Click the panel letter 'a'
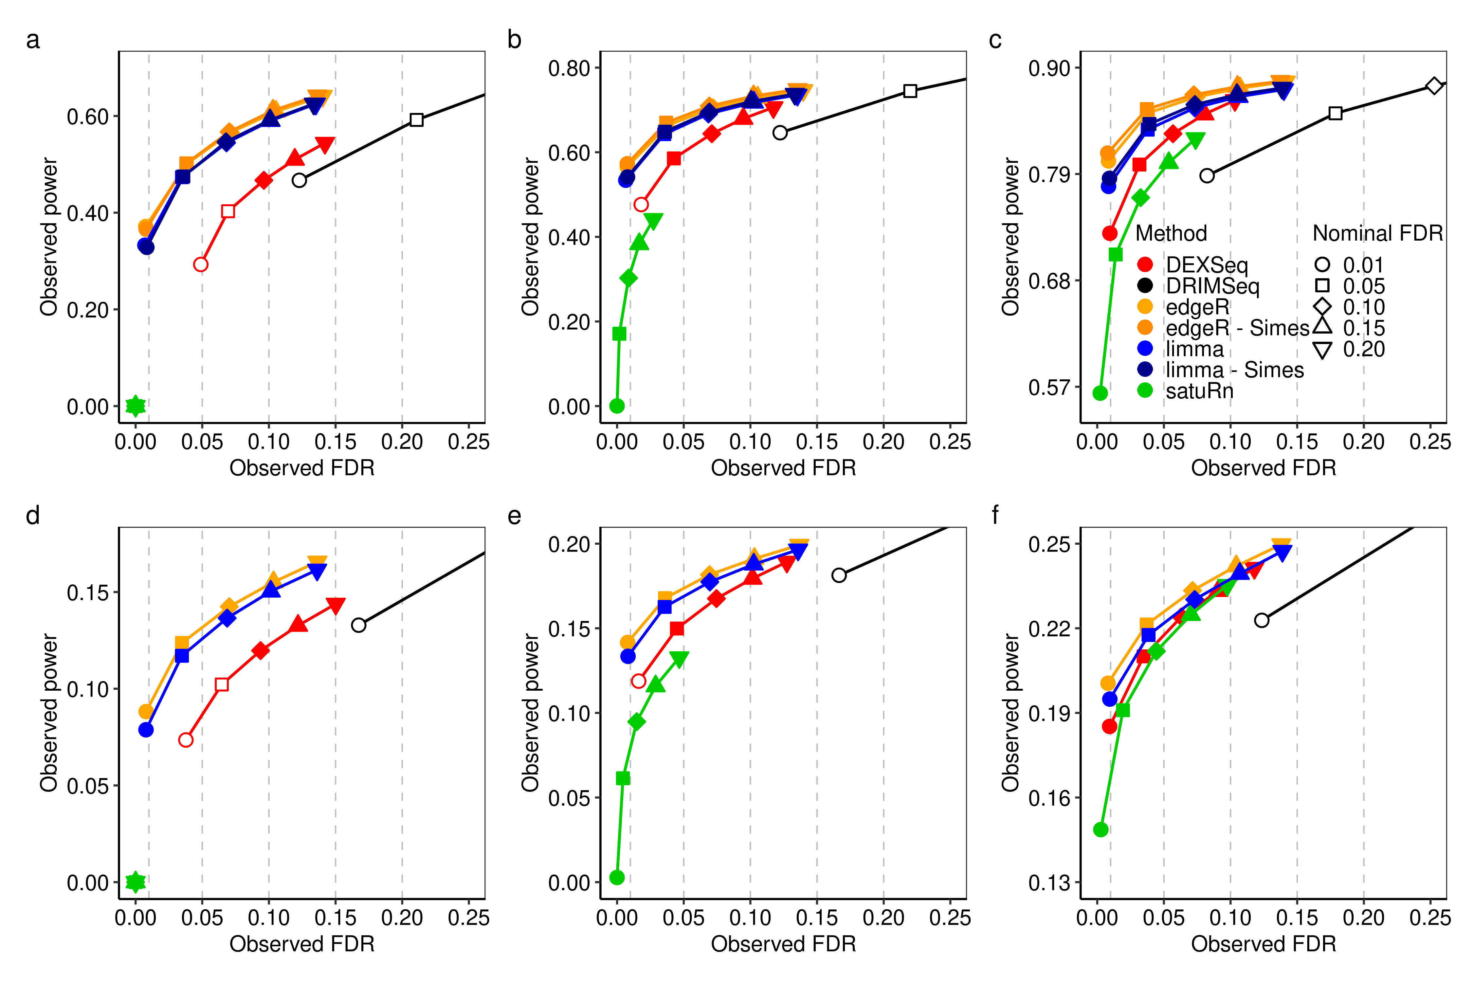[32, 40]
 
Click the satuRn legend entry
[1199, 391]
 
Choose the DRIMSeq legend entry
[1211, 286]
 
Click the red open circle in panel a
[200, 264]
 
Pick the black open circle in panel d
[358, 625]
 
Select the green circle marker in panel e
[617, 877]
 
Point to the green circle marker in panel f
[1100, 830]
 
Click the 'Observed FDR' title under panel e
[783, 944]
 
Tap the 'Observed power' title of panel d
[49, 713]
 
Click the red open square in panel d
[221, 684]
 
